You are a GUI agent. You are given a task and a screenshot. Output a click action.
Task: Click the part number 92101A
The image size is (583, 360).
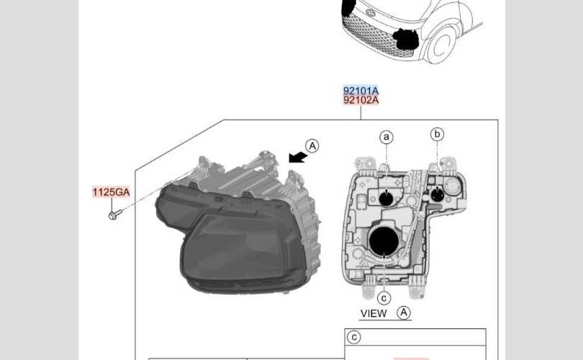coord(361,91)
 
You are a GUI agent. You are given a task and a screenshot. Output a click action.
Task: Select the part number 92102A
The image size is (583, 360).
coord(361,100)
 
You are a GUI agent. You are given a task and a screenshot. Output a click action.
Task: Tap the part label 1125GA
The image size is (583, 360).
coord(111,192)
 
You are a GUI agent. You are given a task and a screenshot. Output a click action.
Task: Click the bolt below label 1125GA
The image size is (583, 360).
coord(115,215)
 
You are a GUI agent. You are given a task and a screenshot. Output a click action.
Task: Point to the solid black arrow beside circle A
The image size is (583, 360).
coord(298,157)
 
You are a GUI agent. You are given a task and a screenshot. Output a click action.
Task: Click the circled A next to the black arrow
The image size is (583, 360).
coord(312,145)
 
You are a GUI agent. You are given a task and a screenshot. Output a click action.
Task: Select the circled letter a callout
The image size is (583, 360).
coord(387,138)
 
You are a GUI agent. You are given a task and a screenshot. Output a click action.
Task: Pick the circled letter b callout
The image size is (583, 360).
coord(438,134)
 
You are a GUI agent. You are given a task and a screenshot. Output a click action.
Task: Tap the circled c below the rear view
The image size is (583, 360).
coord(384,298)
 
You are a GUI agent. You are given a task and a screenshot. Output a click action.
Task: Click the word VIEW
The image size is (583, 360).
coord(374,313)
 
